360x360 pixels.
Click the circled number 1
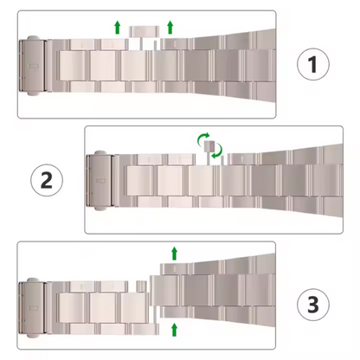(313, 64)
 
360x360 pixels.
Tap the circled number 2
(47, 180)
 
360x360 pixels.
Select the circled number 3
(313, 305)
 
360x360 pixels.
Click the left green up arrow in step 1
(117, 27)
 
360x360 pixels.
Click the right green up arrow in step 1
(170, 27)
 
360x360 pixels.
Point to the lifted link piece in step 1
(144, 32)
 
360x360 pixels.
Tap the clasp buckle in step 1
(34, 66)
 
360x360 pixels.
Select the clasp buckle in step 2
(100, 180)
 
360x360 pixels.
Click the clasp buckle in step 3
(34, 308)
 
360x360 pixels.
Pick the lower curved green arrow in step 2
(218, 151)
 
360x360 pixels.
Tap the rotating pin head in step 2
(209, 145)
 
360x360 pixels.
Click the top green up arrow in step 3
(174, 254)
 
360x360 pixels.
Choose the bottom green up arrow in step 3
(174, 330)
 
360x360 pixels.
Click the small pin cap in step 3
(141, 286)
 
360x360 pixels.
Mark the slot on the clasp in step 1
(34, 66)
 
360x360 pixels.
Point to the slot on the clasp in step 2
(100, 181)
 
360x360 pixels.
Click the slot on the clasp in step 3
(34, 308)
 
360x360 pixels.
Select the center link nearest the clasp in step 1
(73, 66)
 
